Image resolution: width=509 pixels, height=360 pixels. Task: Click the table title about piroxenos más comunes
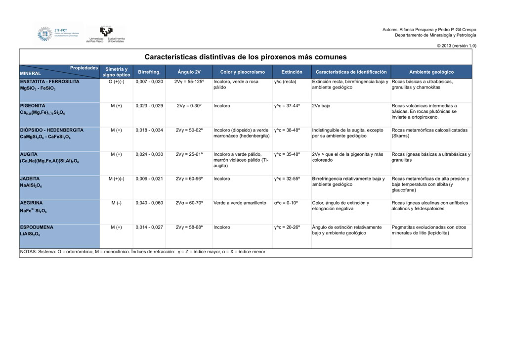245,57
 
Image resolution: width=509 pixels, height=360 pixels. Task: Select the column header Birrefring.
149,72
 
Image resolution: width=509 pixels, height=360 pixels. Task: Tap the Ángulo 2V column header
189,72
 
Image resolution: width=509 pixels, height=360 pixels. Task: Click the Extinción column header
292,72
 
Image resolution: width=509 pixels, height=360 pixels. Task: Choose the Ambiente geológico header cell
431,72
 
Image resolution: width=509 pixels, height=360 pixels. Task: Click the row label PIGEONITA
33,106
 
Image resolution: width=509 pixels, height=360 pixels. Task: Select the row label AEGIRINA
31,203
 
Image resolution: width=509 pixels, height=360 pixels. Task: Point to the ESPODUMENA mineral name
36,227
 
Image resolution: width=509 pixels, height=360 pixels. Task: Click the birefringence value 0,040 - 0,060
149,203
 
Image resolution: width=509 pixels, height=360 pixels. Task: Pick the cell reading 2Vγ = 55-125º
189,82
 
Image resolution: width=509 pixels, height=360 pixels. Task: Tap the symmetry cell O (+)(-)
116,82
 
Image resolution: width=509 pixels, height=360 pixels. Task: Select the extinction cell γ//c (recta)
285,82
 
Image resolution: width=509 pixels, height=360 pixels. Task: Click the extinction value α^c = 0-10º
286,203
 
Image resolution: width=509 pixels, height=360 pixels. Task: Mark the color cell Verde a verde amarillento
240,203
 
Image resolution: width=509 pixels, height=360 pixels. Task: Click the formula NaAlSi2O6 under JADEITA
31,186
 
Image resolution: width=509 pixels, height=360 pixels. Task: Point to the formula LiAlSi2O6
30,234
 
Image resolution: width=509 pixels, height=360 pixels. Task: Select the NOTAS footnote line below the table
142,252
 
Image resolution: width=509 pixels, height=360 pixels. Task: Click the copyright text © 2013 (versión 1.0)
457,45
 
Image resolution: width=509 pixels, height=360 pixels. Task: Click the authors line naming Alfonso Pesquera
429,30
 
